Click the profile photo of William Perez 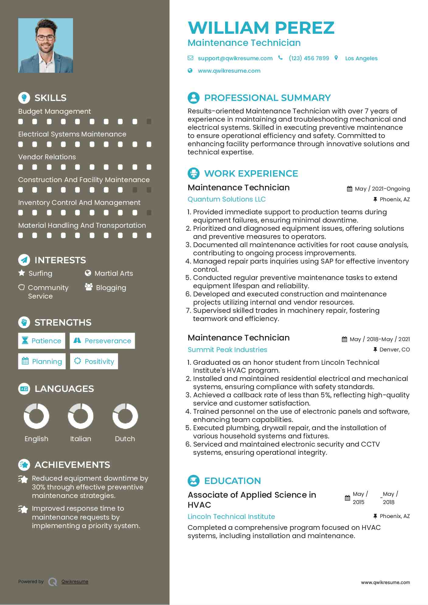[x=46, y=46]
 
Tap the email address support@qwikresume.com [x=235, y=58]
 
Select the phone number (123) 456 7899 [x=309, y=58]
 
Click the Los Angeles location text [x=361, y=58]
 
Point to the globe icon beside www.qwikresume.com [x=190, y=71]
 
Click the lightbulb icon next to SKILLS [x=24, y=98]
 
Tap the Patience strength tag [x=42, y=341]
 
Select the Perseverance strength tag [x=102, y=341]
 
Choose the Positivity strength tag [x=94, y=361]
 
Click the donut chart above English [x=37, y=416]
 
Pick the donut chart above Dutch [x=125, y=416]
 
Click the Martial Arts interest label [x=113, y=274]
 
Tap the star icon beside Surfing [x=22, y=273]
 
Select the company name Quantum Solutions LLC [x=227, y=199]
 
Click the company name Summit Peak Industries [x=227, y=350]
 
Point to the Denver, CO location [x=395, y=350]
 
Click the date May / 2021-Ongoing [x=382, y=189]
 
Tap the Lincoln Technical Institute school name [x=231, y=517]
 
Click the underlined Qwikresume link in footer [x=75, y=582]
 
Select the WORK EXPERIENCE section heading [x=251, y=174]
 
